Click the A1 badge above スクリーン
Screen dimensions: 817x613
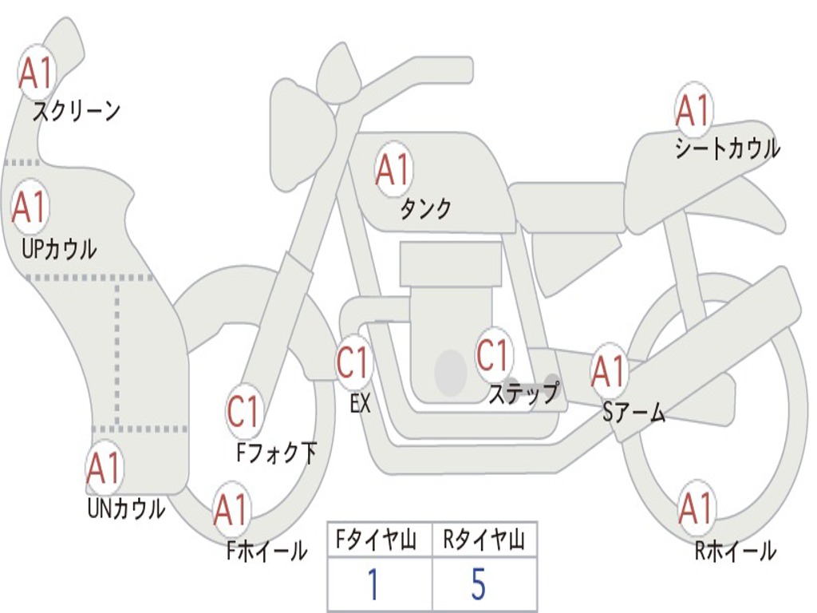tap(36, 73)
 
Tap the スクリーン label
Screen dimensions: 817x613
tap(77, 111)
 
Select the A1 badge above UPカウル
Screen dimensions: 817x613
tap(30, 207)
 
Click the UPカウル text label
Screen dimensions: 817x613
tap(59, 249)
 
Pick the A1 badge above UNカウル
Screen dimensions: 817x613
tap(105, 468)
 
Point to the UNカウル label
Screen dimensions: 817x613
tap(126, 508)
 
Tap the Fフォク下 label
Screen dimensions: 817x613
tap(276, 453)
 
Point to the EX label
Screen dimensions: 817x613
tap(360, 403)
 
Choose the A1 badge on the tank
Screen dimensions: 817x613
tap(393, 169)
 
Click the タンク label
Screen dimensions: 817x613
tap(426, 208)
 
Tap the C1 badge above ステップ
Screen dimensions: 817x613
tap(493, 355)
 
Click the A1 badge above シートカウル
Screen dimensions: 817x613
tap(693, 110)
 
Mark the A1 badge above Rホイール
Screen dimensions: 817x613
tap(696, 508)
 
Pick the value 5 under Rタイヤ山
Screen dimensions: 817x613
tap(479, 583)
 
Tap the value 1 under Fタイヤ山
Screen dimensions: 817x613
tap(373, 583)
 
